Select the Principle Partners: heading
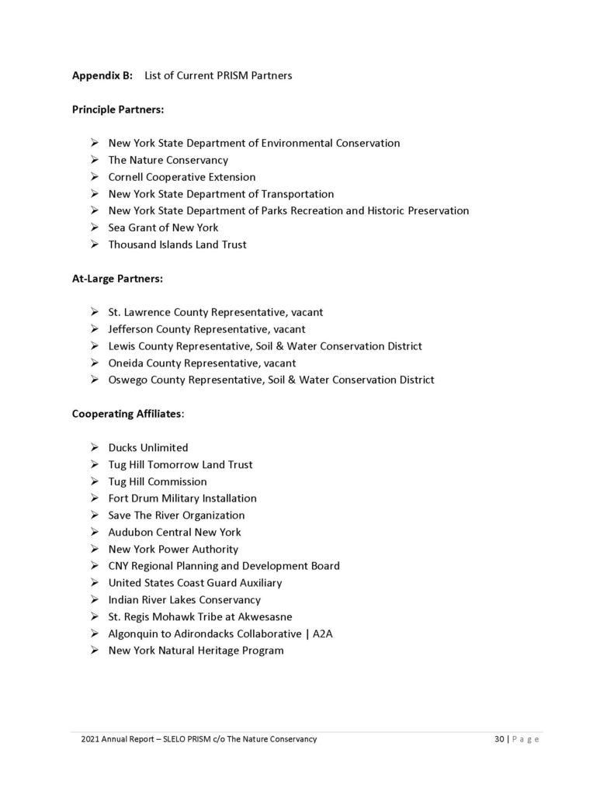118,109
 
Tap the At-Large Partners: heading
117,278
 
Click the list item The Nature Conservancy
168,160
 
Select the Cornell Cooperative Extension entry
182,177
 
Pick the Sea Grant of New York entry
163,227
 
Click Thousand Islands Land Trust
177,245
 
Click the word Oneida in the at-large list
126,363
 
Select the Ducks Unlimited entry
147,447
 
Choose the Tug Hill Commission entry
158,481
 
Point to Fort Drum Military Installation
182,498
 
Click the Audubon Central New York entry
175,532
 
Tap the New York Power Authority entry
173,549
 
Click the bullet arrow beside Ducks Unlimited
93,447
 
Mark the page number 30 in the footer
499,739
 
